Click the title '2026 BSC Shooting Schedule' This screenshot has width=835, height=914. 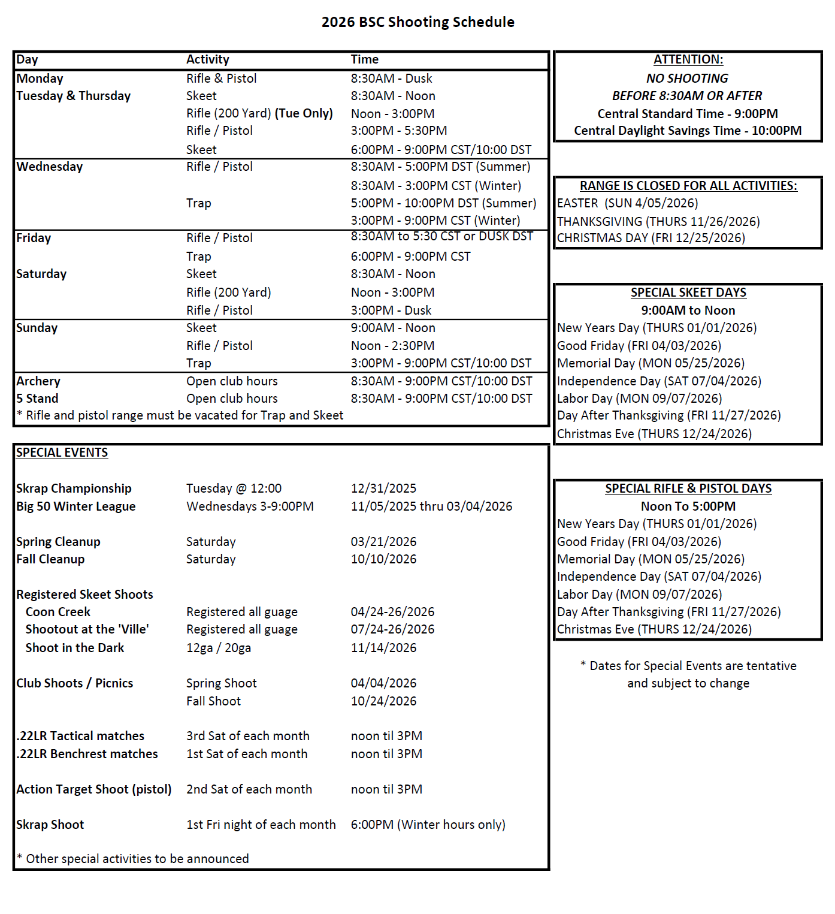[417, 22]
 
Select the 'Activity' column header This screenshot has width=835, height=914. [207, 59]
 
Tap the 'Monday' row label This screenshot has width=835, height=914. [40, 79]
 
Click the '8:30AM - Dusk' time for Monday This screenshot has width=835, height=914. [391, 79]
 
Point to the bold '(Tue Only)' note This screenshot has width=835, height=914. [304, 113]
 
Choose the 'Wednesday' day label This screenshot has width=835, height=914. [50, 167]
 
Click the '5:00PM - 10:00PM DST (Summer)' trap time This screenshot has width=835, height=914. [443, 203]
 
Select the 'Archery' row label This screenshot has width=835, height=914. [38, 381]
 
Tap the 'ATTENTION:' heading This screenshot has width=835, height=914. [688, 59]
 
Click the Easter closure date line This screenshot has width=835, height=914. [627, 203]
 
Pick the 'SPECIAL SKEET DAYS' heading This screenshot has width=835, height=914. [688, 292]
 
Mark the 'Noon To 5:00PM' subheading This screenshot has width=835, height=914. [688, 506]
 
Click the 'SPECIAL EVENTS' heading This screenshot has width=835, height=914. [62, 453]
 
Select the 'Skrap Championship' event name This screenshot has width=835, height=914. [74, 488]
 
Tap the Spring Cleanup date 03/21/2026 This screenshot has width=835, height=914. [383, 542]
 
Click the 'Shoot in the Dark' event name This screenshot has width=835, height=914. [75, 648]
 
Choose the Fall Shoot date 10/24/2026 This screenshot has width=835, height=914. [383, 701]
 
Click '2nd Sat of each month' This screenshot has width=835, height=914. [249, 789]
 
